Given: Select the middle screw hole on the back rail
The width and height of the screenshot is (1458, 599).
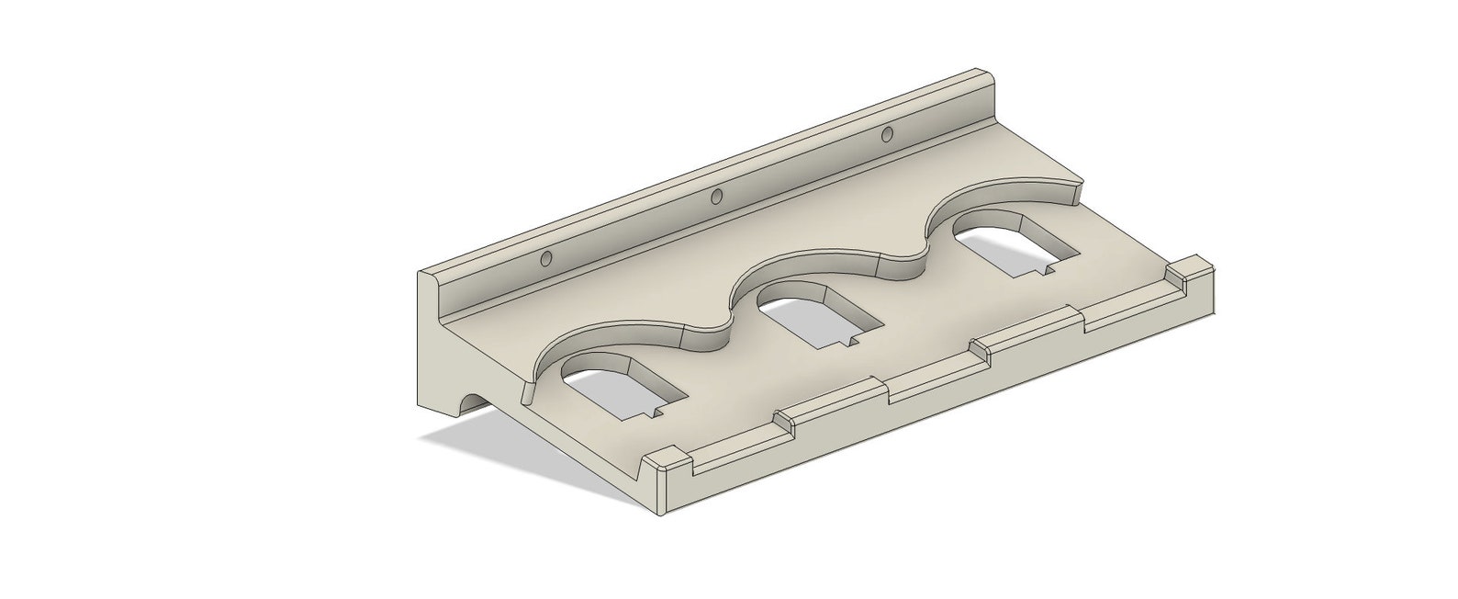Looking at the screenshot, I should click(x=716, y=196).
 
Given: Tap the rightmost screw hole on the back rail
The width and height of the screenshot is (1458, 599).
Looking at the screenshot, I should click(x=887, y=136).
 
